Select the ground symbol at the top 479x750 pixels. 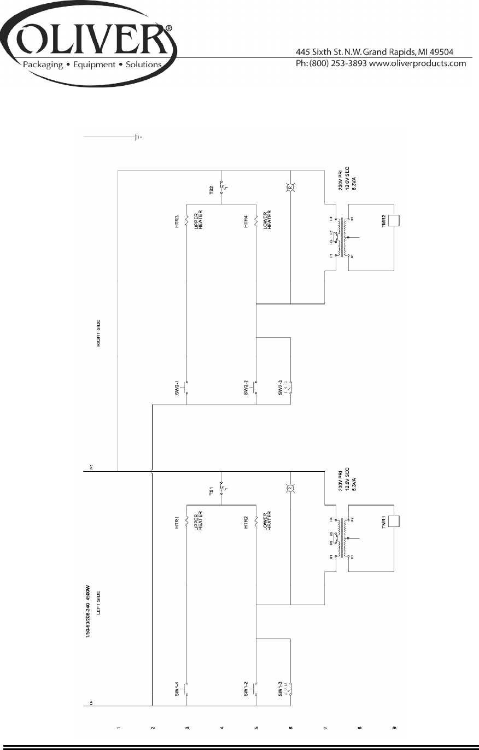(x=138, y=137)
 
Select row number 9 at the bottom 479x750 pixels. (x=394, y=728)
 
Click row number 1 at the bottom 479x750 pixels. (x=118, y=728)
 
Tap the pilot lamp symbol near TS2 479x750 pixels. (x=291, y=188)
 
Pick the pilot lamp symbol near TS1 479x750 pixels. (x=291, y=488)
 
